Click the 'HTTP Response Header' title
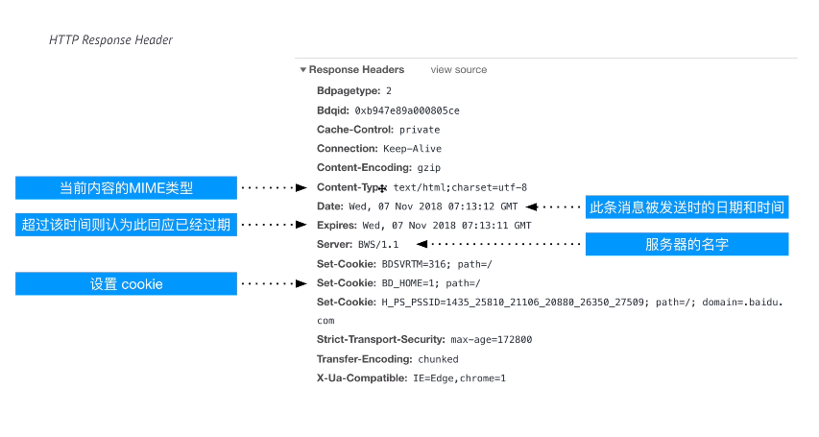(x=110, y=40)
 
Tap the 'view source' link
(x=458, y=70)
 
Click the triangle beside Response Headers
(x=302, y=70)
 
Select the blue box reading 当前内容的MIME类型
(x=125, y=187)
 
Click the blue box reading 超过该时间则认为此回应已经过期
(x=125, y=225)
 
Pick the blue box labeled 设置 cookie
(x=125, y=284)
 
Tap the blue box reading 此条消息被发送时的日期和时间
(x=687, y=206)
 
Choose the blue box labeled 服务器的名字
(x=687, y=245)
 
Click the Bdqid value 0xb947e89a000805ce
(x=407, y=110)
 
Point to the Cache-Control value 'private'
(x=420, y=130)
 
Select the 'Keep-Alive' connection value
(x=413, y=149)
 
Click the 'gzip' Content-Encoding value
(x=427, y=168)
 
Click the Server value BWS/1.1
(x=371, y=245)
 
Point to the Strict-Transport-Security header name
(x=380, y=340)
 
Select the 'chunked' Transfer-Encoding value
(x=438, y=359)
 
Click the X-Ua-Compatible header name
(x=362, y=378)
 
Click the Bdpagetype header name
(x=349, y=90)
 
